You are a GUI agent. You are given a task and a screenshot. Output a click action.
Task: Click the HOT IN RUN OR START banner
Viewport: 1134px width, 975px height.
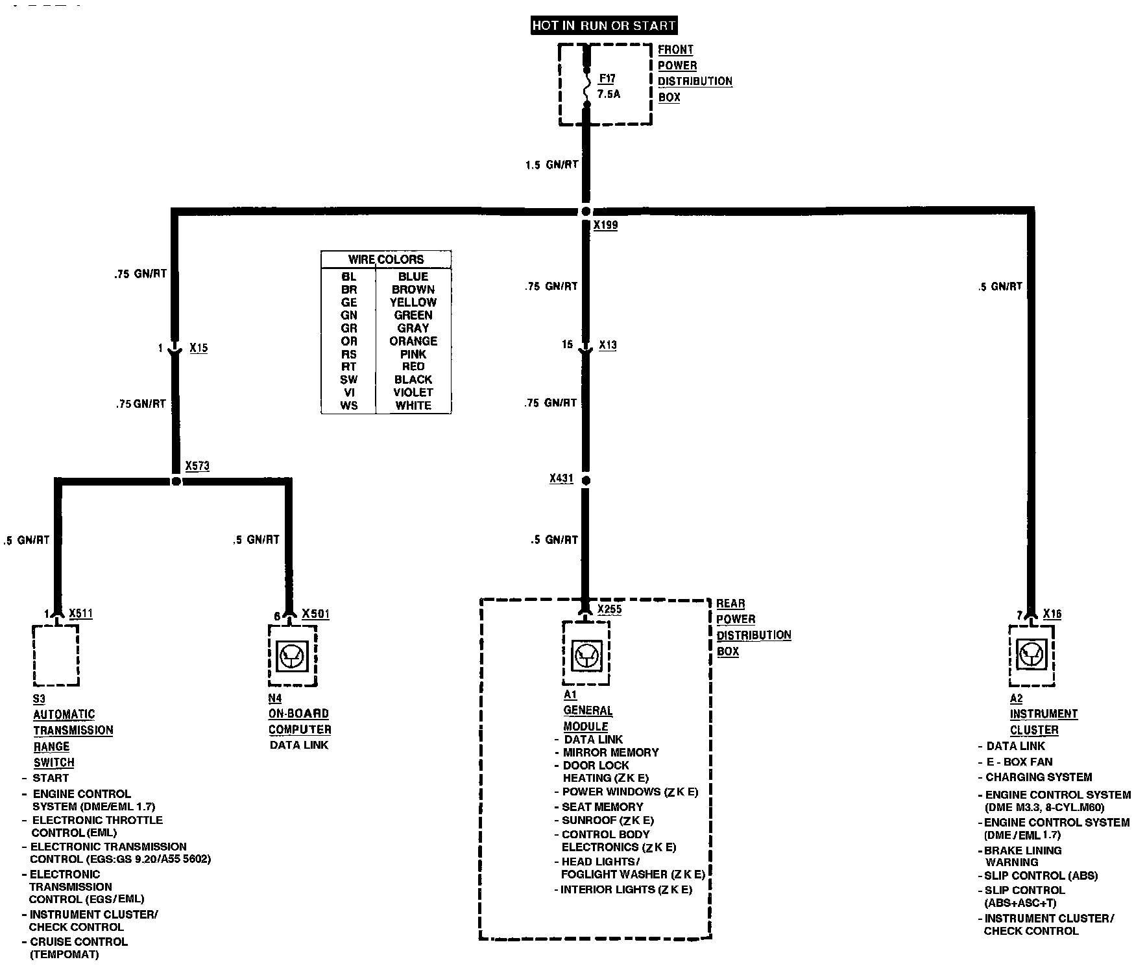point(603,26)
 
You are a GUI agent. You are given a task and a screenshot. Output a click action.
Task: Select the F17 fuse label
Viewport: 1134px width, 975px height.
point(607,78)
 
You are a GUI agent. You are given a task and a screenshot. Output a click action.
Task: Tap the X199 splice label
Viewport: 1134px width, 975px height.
point(605,225)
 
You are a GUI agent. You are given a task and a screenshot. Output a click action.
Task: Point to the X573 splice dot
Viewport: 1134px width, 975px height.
point(175,482)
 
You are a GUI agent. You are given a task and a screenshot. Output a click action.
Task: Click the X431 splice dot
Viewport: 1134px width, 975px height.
point(586,481)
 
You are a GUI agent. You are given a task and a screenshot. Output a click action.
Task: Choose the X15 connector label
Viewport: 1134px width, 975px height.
point(199,348)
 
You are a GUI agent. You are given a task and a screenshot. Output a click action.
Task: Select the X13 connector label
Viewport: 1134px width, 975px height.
point(608,345)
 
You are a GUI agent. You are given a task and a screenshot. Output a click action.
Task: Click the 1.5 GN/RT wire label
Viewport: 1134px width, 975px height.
point(551,165)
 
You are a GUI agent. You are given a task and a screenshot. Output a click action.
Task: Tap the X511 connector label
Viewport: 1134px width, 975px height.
point(80,613)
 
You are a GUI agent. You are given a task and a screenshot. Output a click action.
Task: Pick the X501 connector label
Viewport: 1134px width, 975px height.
point(315,613)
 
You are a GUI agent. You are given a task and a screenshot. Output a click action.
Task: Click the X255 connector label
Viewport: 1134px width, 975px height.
point(609,609)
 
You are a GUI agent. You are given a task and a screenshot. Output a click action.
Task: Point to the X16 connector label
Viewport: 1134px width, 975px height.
point(1052,614)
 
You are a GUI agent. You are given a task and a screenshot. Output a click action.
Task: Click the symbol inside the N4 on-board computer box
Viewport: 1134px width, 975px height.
point(291,656)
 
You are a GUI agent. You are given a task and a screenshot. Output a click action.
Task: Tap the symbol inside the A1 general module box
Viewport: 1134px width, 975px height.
point(586,654)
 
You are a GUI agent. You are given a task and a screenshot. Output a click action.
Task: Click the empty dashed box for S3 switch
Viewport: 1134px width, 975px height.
point(56,655)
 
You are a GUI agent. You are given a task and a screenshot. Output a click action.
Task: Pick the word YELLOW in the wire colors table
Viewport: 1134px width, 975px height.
point(413,302)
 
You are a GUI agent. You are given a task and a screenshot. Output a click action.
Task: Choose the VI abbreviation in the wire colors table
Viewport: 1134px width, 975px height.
point(348,392)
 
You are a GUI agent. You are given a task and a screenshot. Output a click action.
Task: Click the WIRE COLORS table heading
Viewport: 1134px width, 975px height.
point(386,259)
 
